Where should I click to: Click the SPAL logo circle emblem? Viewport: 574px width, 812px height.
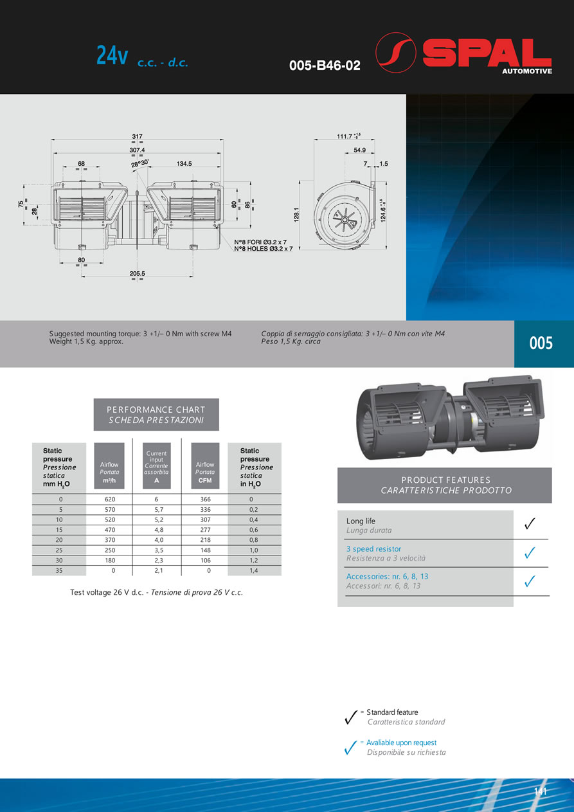[x=395, y=52]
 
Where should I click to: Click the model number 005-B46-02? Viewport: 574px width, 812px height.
[x=325, y=66]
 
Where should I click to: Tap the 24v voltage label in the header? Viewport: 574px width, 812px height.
[x=112, y=57]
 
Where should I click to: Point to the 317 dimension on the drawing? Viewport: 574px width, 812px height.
[x=137, y=136]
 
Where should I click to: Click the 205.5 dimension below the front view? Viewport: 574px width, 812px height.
[x=137, y=273]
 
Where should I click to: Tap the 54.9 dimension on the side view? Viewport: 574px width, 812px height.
[x=359, y=150]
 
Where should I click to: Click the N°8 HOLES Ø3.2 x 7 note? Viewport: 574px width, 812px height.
[x=263, y=248]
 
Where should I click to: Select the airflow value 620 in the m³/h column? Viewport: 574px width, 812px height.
[x=109, y=500]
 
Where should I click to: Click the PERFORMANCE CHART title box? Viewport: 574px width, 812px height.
[x=156, y=414]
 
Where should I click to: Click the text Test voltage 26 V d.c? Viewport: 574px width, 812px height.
[x=109, y=592]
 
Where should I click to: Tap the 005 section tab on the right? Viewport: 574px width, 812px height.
[x=541, y=344]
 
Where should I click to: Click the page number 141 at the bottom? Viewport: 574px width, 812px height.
[x=541, y=791]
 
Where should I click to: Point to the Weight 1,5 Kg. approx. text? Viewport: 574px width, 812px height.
[x=86, y=342]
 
